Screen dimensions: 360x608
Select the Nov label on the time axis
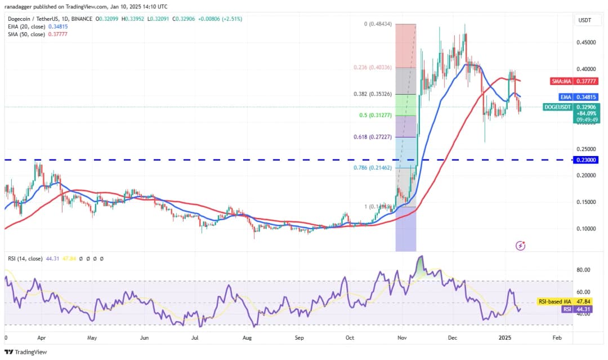402,338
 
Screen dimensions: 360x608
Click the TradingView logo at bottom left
27,352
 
